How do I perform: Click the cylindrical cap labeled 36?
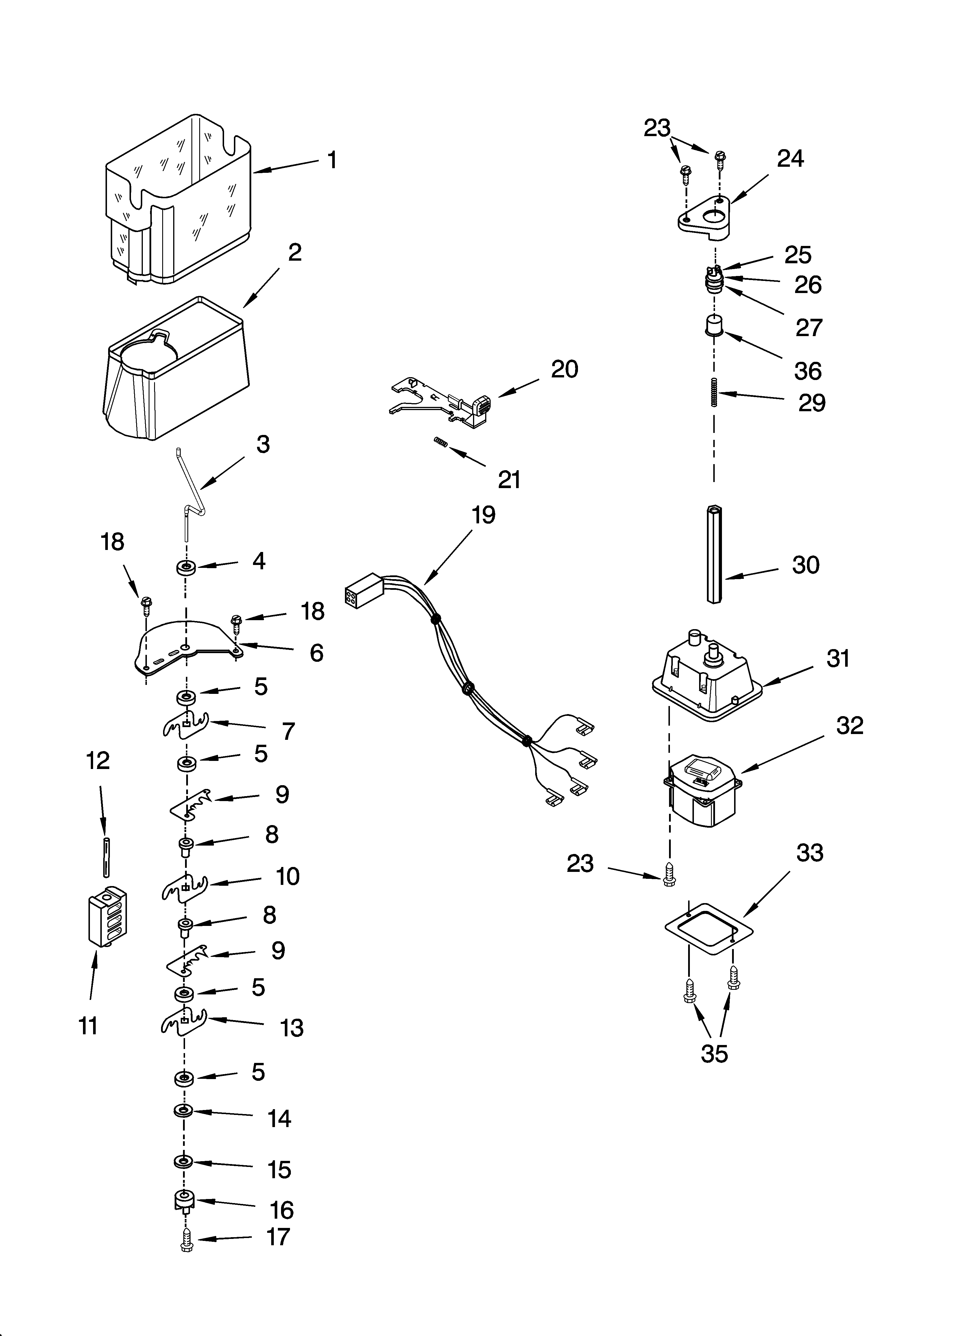pyautogui.click(x=714, y=326)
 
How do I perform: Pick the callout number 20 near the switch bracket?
pyautogui.click(x=564, y=369)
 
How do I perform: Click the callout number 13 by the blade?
pyautogui.click(x=291, y=1028)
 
